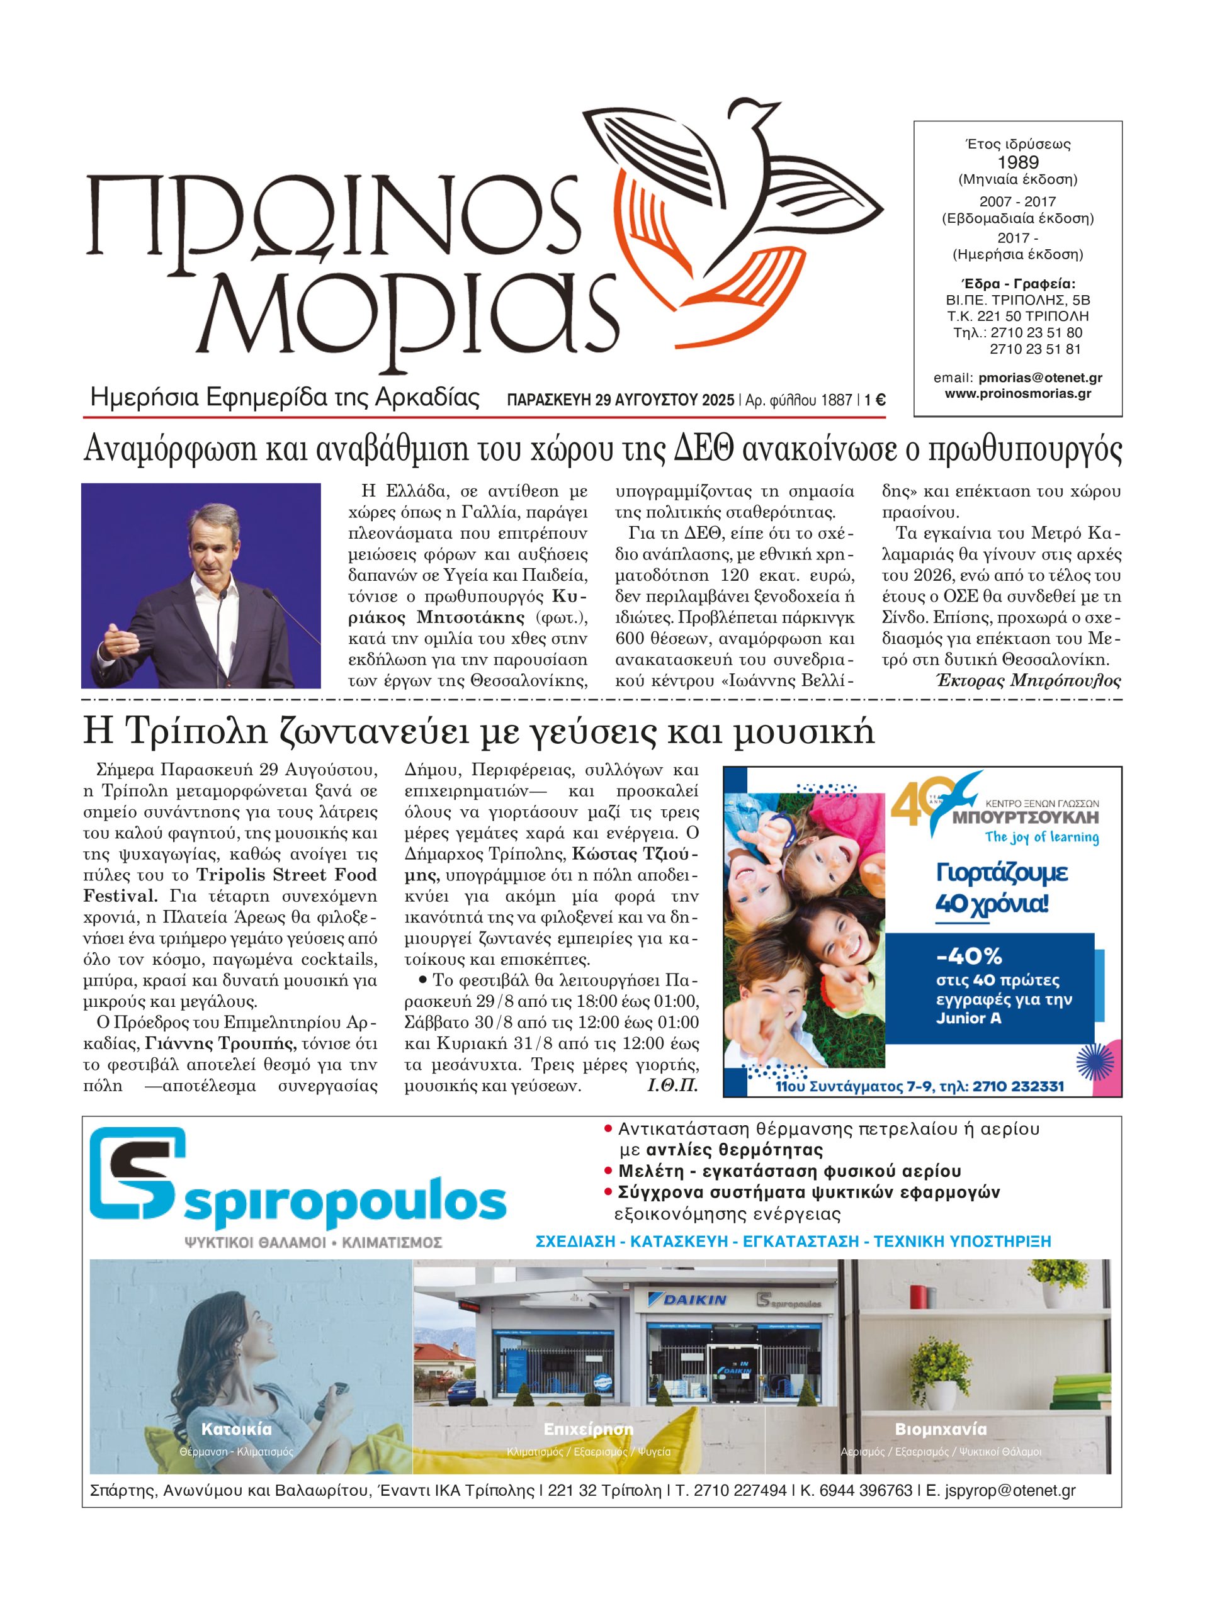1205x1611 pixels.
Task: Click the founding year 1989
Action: click(x=1018, y=162)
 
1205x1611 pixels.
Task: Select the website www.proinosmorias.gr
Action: click(x=1018, y=394)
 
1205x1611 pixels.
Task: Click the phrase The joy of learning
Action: click(x=1042, y=837)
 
